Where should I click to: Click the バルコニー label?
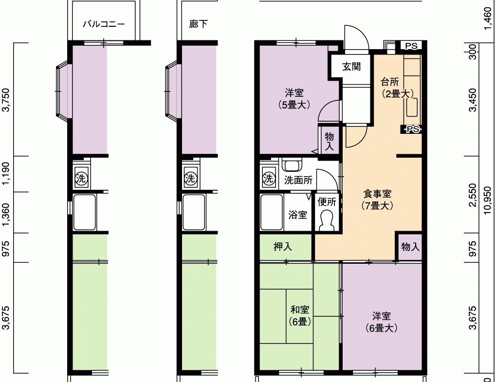(104, 24)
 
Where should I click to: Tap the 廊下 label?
(198, 24)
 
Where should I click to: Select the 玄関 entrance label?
(351, 67)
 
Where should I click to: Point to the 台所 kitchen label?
(390, 82)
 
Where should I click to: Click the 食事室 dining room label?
(377, 194)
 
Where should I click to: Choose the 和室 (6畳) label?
(300, 315)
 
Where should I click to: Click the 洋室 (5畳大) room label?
(294, 99)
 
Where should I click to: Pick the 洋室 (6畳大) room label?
(382, 322)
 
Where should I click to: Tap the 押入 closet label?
(282, 247)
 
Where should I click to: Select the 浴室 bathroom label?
(297, 215)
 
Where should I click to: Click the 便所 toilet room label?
(327, 202)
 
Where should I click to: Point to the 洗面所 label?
(298, 180)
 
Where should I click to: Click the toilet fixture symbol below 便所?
(327, 220)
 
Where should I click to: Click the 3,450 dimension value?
(473, 100)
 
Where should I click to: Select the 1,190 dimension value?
(6, 174)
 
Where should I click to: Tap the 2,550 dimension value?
(473, 195)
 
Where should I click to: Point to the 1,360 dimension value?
(6, 215)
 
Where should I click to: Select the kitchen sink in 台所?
(412, 108)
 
